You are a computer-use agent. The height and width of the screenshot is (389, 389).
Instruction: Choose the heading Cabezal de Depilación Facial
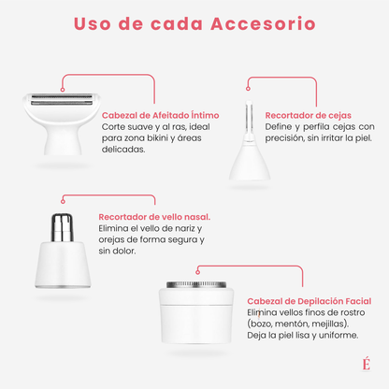click(x=310, y=300)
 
